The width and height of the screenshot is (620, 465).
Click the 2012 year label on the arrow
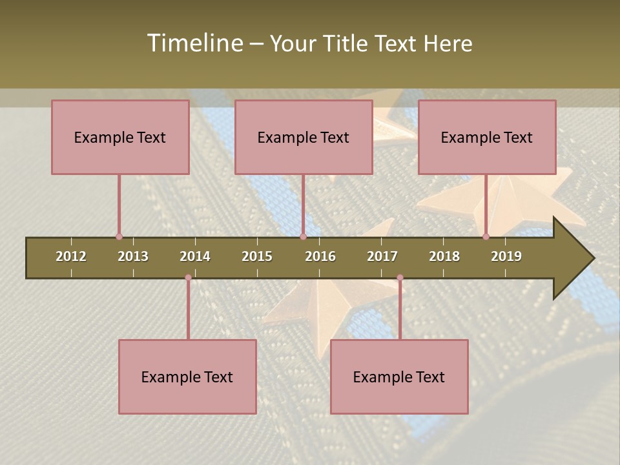(x=71, y=256)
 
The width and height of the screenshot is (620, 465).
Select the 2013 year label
(x=133, y=256)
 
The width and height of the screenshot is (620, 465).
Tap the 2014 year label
(x=195, y=256)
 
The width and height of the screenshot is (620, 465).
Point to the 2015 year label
(x=257, y=256)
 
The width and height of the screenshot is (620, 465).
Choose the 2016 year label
(x=320, y=256)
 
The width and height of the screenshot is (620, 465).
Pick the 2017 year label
(x=382, y=256)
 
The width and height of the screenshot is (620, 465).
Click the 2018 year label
(x=444, y=256)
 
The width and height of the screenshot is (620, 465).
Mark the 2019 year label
(x=506, y=256)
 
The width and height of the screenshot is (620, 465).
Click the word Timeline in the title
(x=194, y=43)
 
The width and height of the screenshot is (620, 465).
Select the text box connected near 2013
(x=120, y=137)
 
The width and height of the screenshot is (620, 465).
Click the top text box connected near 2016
(x=304, y=137)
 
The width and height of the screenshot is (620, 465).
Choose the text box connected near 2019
(x=487, y=137)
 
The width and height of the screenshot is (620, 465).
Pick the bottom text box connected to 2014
(x=187, y=377)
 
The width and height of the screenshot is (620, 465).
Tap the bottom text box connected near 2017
(x=399, y=377)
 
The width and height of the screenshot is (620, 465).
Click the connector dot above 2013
(x=119, y=237)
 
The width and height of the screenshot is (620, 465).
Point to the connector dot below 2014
(x=188, y=278)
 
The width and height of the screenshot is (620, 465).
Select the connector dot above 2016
(x=303, y=237)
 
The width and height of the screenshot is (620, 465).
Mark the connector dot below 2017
(x=400, y=278)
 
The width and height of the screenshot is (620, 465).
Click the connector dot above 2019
(x=486, y=237)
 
